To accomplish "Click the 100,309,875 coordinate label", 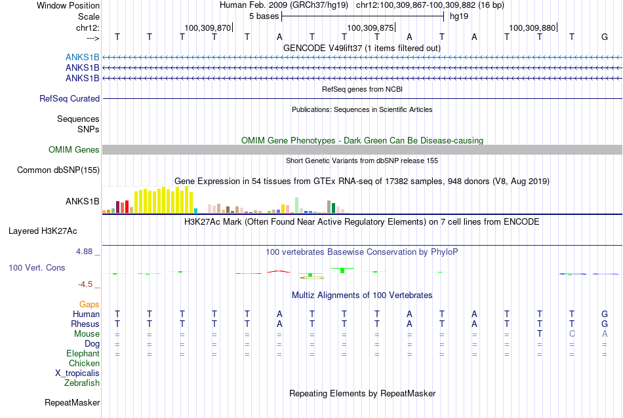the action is point(371,28).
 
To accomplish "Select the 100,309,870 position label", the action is point(207,28).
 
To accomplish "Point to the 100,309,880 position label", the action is point(533,28).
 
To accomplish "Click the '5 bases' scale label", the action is point(264,16).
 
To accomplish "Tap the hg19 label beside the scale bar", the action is point(459,16).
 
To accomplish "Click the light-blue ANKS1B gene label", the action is point(82,57).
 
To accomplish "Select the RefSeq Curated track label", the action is point(70,98).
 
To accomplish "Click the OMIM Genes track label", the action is point(74,149).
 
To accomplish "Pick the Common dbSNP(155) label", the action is point(58,170).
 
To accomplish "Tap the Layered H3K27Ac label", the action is point(43,231).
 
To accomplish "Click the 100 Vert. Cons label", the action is point(37,267).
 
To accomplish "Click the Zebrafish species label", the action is point(82,383).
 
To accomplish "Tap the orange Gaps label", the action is point(89,304).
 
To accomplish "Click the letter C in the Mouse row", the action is point(572,334).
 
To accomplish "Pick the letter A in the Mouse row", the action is point(605,334).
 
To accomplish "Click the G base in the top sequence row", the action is point(605,37).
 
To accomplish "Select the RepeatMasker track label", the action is point(72,402).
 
